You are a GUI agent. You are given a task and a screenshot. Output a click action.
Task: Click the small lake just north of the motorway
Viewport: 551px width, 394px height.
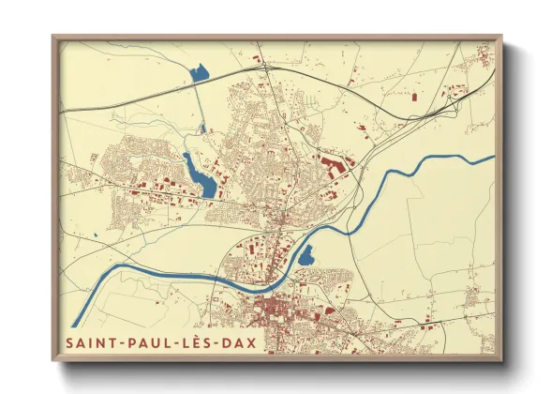click(x=199, y=73)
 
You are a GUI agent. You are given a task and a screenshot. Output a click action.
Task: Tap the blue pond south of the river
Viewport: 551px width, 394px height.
click(x=306, y=253)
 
